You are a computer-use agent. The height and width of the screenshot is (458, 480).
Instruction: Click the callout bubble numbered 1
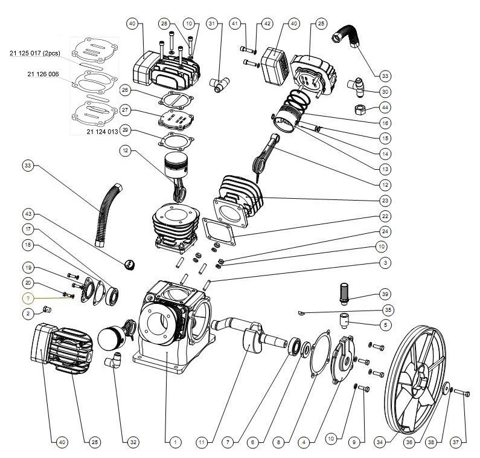tap(174, 442)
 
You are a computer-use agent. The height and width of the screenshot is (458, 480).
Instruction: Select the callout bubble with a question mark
tap(28, 298)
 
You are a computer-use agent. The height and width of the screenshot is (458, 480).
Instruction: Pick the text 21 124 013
tap(102, 131)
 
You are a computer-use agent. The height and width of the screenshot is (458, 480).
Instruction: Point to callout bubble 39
tap(385, 294)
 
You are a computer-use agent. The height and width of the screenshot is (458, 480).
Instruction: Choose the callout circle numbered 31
tap(211, 24)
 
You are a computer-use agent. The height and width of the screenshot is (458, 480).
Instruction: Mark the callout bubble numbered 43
tap(28, 213)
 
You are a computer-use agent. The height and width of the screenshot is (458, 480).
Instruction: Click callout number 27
tap(126, 110)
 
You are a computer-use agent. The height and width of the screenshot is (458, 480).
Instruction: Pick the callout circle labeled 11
tap(201, 442)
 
